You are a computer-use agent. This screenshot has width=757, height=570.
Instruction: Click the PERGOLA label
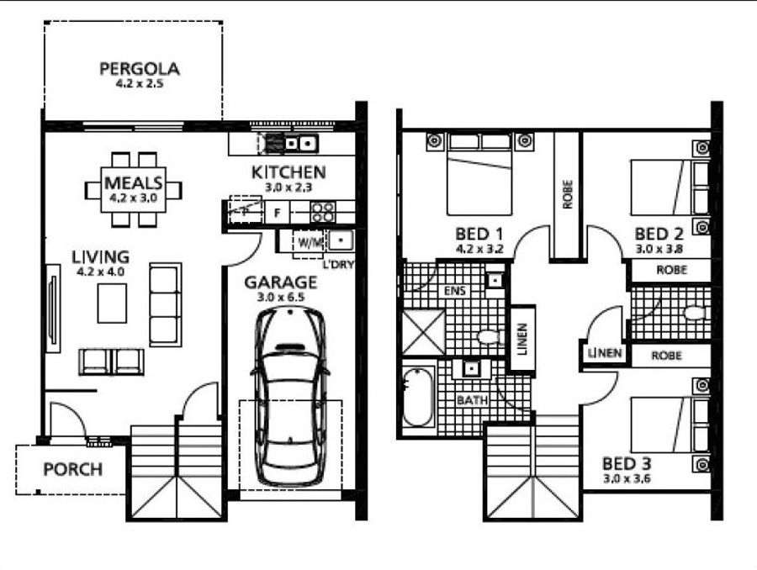coord(140,69)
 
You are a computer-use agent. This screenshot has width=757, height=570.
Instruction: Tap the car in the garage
coord(289,396)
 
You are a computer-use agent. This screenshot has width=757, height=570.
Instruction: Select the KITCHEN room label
coord(289,172)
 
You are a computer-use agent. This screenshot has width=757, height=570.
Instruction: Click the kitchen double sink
coord(291,144)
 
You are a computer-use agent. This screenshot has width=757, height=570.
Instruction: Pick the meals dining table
coord(133,189)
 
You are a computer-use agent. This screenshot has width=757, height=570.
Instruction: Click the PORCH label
coord(73,469)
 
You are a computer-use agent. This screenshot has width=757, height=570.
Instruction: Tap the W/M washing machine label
coord(310,243)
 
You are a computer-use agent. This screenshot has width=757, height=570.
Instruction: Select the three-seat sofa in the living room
coord(165,304)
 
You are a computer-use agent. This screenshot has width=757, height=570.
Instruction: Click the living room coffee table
coord(112,303)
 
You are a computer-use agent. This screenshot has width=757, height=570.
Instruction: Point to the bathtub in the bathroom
coord(418,397)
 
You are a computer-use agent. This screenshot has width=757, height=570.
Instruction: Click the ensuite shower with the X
coord(423,333)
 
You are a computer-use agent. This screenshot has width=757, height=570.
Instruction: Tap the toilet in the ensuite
coord(490,335)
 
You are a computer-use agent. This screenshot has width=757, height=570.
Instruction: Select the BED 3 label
coord(627,464)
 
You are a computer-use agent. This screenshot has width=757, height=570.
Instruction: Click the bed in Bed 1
coord(479,174)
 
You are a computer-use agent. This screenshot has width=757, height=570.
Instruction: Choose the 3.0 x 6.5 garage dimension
coord(280,297)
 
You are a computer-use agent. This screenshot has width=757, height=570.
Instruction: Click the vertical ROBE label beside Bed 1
coord(567,194)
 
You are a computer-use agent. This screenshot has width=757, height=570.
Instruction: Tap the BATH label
coord(472,400)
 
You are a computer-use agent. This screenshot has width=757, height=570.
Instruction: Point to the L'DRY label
coord(338,265)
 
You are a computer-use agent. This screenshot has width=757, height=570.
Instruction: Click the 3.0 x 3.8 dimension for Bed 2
coord(659,250)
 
